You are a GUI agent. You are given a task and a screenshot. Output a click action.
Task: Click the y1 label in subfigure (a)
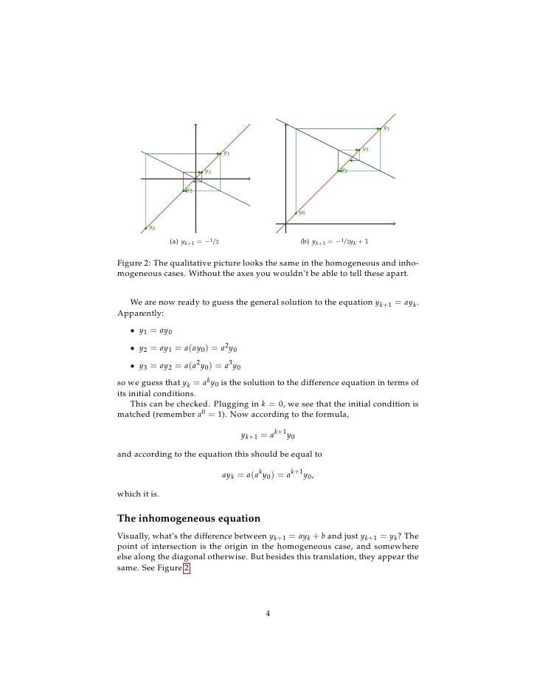[x=226, y=154]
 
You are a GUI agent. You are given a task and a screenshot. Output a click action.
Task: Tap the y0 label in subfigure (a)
[x=152, y=228]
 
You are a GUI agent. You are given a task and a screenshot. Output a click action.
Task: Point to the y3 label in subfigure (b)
[x=366, y=149]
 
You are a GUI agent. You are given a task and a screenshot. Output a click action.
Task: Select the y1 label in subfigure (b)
[x=387, y=128]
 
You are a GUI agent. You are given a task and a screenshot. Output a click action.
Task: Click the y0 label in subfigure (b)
[x=302, y=212]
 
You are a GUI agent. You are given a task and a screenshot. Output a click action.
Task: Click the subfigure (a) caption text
[x=195, y=241]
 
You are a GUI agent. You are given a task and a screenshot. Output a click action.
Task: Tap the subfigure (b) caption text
[x=335, y=241]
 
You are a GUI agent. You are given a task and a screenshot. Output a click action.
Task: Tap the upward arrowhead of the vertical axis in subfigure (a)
[x=196, y=123]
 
